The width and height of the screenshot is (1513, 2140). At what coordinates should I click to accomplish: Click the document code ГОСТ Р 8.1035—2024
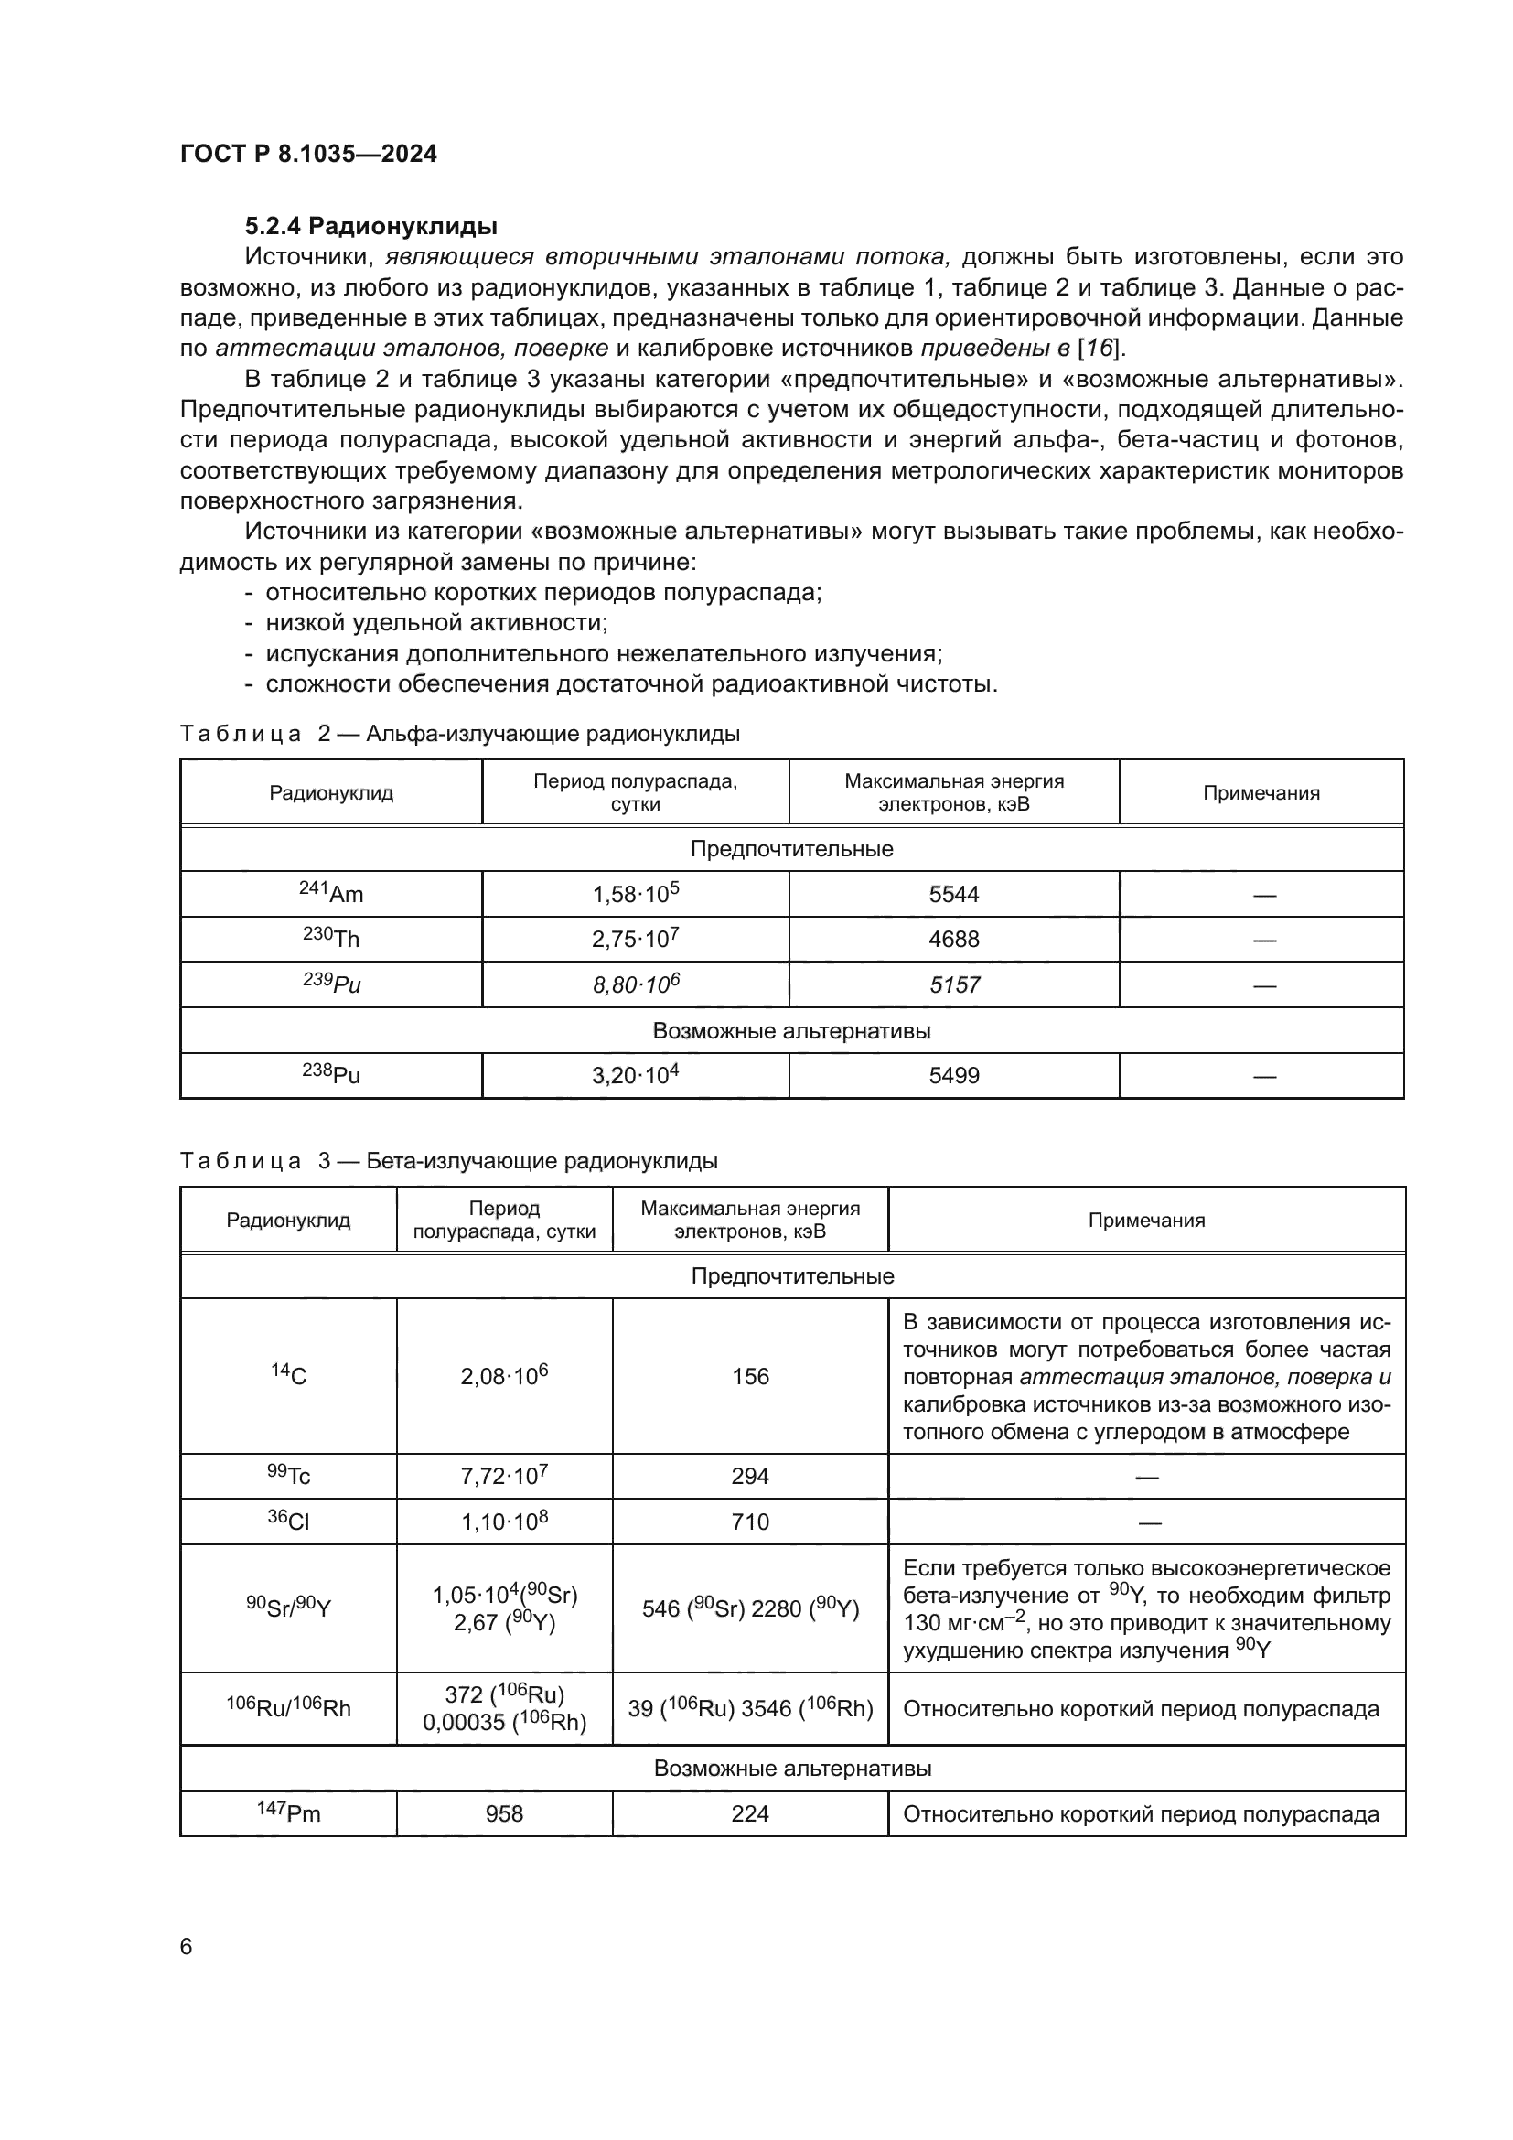308,154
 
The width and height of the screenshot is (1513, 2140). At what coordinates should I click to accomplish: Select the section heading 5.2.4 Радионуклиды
370,227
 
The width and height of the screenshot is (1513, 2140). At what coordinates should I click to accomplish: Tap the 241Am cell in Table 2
331,894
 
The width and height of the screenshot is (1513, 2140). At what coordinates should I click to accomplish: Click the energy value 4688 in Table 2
953,939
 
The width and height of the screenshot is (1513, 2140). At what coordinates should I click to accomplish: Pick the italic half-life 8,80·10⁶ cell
636,984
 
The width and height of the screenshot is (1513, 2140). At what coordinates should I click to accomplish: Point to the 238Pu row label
331,1075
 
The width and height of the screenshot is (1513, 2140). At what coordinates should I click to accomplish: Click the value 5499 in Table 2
953,1076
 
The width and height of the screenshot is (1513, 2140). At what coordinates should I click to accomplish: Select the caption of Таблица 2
459,734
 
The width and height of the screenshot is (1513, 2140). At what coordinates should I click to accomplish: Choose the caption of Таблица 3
448,1160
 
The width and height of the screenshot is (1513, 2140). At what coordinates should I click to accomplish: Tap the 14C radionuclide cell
288,1376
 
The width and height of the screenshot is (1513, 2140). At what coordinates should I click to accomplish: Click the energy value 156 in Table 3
750,1377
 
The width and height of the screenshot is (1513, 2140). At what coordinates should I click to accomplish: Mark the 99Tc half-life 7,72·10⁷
504,1477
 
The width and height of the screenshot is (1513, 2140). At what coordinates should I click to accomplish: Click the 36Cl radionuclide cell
288,1522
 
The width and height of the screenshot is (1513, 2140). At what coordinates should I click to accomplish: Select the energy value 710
750,1522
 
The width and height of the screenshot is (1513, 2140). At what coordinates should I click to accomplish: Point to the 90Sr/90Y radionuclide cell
288,1608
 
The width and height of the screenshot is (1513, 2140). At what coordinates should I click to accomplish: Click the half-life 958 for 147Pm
504,1812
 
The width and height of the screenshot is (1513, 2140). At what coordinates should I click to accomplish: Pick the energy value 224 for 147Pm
750,1812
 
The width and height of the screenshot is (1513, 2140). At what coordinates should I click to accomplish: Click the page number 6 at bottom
187,1946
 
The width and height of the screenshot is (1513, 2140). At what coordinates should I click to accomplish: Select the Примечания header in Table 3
1146,1221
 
